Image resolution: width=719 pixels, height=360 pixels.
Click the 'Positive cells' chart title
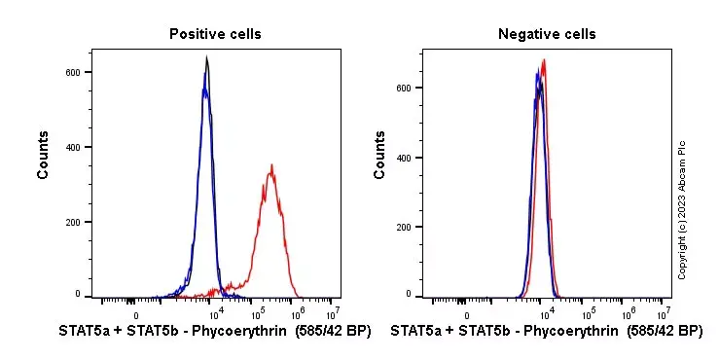(x=215, y=34)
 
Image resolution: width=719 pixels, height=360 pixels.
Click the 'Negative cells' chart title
(x=547, y=34)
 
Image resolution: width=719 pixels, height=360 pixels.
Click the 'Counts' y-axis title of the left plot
(x=44, y=155)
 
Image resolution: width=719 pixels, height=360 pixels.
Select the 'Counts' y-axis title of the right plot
(x=379, y=155)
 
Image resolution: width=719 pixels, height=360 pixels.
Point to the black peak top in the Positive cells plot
(x=206, y=58)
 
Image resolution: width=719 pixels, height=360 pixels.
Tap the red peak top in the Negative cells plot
(x=544, y=61)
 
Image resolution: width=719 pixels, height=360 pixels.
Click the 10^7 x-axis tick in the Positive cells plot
(x=332, y=314)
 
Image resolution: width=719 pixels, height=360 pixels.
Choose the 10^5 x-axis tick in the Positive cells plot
(x=259, y=314)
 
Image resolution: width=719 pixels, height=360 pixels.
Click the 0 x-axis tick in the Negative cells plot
(x=467, y=314)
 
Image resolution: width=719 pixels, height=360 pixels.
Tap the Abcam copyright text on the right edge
(x=682, y=209)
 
